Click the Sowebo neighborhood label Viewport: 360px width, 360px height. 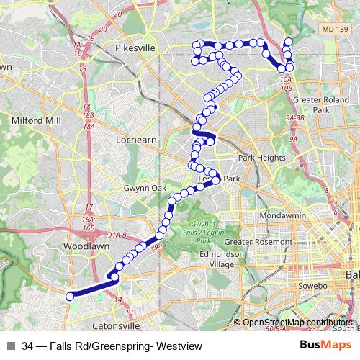[x=314, y=287]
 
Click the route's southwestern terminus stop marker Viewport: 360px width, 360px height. [x=70, y=296]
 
